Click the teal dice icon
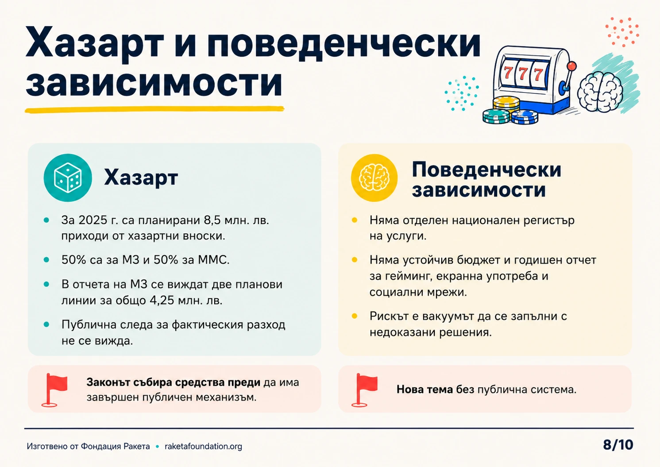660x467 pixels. tap(68, 178)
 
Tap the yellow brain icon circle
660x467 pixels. tap(374, 178)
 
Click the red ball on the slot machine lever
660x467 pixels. tap(571, 66)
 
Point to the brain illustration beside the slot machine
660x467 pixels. tap(600, 92)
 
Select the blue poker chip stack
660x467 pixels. tap(525, 117)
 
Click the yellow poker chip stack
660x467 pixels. tap(506, 104)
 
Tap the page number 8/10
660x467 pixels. tap(618, 445)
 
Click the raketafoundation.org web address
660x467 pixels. tap(203, 446)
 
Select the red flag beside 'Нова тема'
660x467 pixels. tap(364, 390)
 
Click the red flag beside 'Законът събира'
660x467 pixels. tap(54, 390)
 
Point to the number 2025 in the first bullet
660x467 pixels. tap(93, 220)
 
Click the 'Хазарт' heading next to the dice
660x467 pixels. tap(141, 178)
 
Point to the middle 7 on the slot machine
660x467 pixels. tap(523, 73)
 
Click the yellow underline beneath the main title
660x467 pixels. tap(154, 109)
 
